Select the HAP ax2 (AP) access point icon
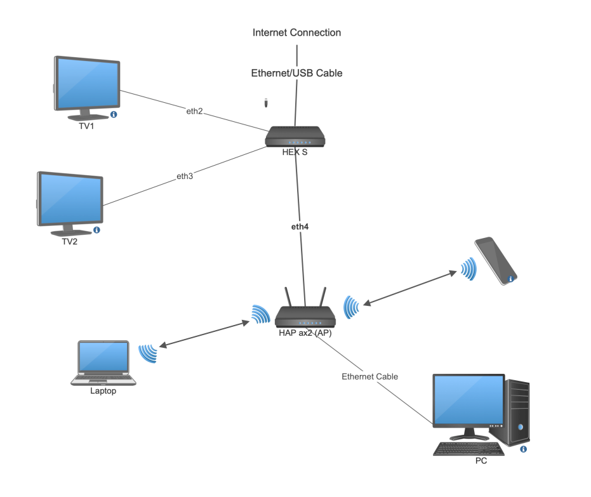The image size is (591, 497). (x=305, y=317)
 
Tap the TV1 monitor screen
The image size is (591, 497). (x=87, y=84)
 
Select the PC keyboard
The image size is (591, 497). (x=469, y=449)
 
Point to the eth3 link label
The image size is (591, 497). (x=184, y=176)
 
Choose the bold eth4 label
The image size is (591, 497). (x=300, y=226)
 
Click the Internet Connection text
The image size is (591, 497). (x=296, y=32)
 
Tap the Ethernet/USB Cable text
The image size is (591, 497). (x=296, y=73)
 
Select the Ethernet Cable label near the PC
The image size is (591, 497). (x=369, y=376)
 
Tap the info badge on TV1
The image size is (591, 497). (x=114, y=114)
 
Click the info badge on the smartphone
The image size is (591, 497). (x=510, y=279)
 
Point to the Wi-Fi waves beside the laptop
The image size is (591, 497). (x=148, y=353)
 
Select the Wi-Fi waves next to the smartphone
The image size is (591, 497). (x=468, y=269)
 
